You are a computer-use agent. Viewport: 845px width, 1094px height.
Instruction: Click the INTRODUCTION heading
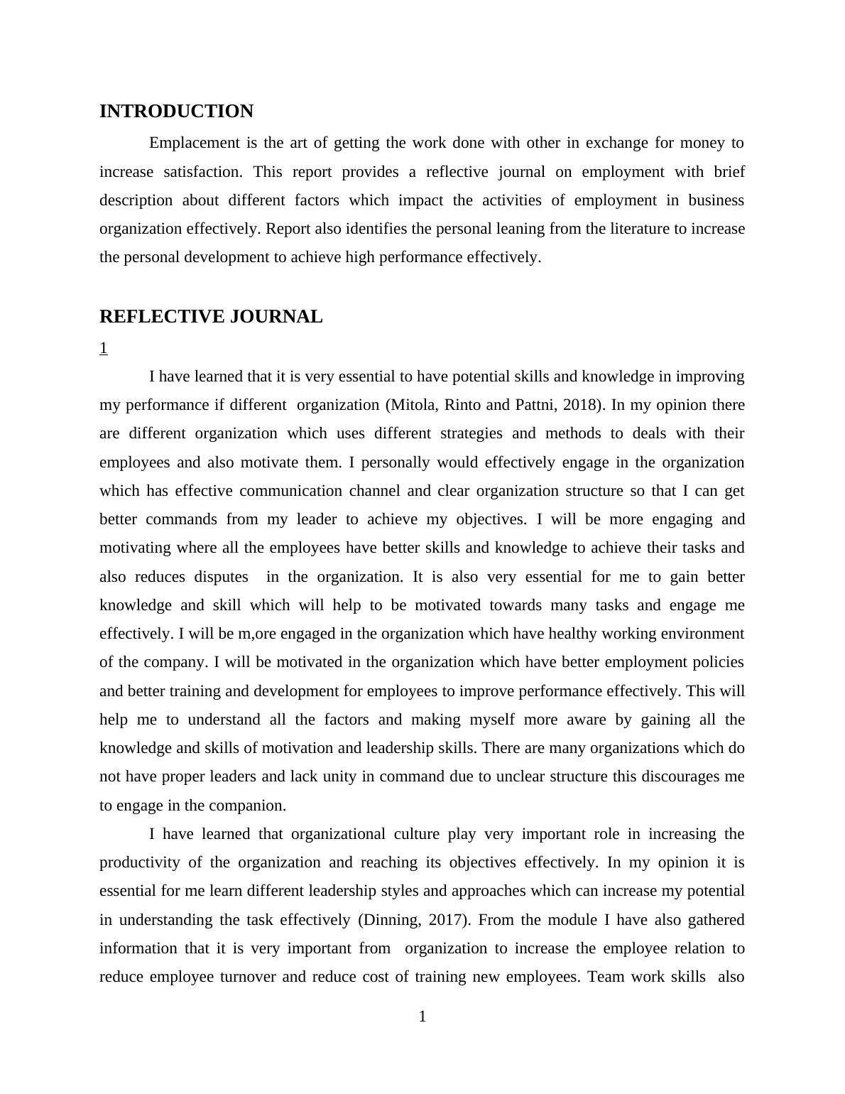pyautogui.click(x=176, y=112)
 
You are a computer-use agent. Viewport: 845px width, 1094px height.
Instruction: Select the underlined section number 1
pyautogui.click(x=104, y=348)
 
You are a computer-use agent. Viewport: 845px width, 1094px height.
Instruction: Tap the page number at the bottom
pyautogui.click(x=422, y=1017)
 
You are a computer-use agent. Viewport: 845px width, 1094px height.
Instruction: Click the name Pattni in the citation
pyautogui.click(x=535, y=405)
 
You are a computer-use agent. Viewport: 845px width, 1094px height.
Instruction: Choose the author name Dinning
pyautogui.click(x=391, y=920)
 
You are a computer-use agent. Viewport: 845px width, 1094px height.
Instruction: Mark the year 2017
pyautogui.click(x=448, y=920)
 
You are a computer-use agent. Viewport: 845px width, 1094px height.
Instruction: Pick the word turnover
pyautogui.click(x=248, y=977)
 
